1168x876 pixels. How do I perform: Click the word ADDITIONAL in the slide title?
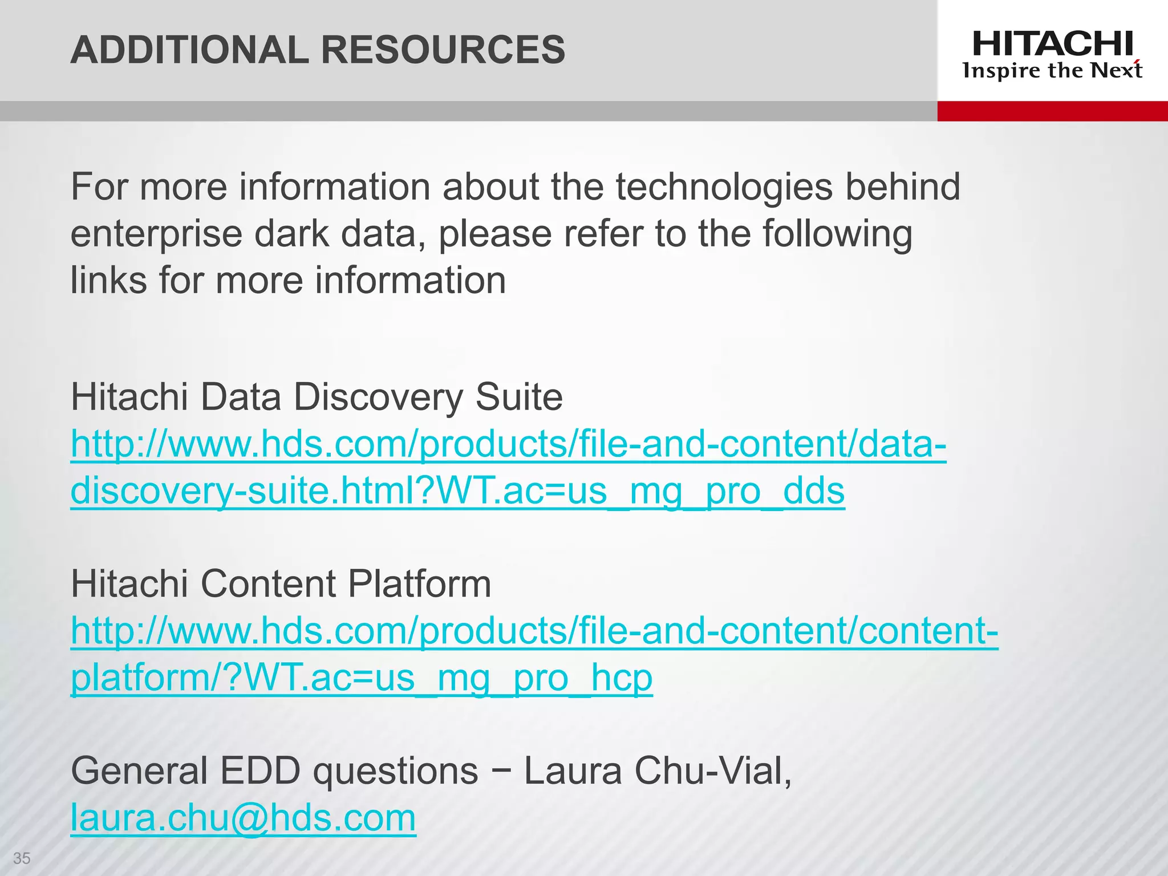click(189, 50)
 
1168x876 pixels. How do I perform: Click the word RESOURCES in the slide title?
click(443, 50)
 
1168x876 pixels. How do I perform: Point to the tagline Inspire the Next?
click(1052, 71)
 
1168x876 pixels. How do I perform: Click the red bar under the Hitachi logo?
click(1052, 111)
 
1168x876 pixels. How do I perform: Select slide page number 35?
click(22, 858)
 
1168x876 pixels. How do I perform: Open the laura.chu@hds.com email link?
click(244, 817)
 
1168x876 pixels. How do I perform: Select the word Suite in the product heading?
click(519, 397)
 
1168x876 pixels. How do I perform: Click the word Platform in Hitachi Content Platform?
click(419, 584)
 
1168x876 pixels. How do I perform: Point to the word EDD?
click(260, 771)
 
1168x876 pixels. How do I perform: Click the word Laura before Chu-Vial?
click(573, 771)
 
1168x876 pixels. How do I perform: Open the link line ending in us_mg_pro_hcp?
click(362, 678)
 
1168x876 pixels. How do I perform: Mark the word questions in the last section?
click(395, 771)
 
